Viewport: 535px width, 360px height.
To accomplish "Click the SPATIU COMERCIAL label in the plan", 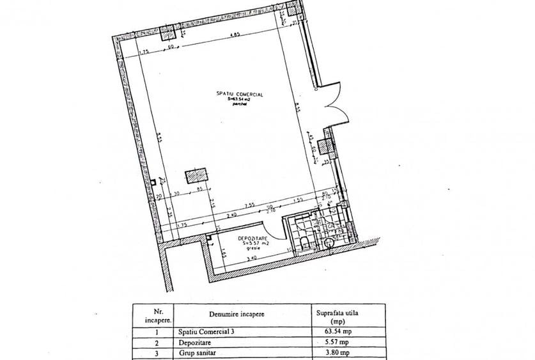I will click(x=240, y=94).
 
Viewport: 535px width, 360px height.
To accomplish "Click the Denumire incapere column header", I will click(x=236, y=315).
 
